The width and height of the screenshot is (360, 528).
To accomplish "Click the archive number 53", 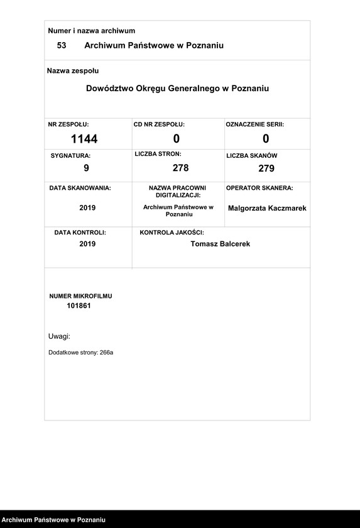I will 62,45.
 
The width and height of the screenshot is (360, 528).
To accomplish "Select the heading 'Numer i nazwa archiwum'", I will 92,31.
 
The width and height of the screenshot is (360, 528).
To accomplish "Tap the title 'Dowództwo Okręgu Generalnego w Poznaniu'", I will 177,89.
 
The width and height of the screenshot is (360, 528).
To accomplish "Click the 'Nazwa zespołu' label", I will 73,71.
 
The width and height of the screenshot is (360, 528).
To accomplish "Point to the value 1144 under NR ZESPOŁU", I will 84,139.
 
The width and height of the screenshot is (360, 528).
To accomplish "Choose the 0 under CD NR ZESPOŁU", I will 177,139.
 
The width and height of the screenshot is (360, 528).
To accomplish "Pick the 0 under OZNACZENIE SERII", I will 266,139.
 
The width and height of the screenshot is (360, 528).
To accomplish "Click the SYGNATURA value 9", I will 87,168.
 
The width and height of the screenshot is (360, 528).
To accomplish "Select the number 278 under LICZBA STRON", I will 180,168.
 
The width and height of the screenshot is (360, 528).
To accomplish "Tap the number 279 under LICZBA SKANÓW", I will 266,168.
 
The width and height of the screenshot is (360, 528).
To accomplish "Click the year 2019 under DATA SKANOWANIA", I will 87,207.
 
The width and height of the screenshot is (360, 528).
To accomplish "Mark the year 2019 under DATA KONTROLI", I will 87,244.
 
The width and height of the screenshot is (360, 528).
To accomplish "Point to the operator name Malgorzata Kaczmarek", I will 267,208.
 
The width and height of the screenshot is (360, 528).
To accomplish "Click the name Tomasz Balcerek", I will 220,244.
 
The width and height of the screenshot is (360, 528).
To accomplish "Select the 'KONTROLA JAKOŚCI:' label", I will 172,233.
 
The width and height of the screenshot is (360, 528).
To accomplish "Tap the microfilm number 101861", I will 79,305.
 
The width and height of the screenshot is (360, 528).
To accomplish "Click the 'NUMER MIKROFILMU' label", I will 80,295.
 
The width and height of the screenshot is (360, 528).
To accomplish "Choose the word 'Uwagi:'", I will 59,336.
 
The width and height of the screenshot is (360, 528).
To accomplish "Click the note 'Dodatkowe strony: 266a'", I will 80,353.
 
